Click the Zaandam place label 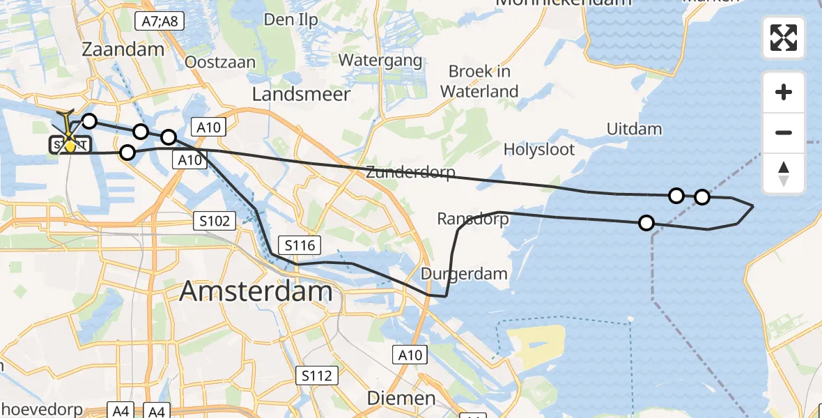tap(123, 49)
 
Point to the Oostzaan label tap(220, 63)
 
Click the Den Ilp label tap(290, 20)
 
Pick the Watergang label tap(380, 61)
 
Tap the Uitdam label tap(634, 129)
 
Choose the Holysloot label tap(539, 149)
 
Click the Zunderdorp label tap(410, 173)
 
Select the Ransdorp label tap(472, 219)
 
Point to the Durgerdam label tap(464, 274)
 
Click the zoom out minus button tap(784, 132)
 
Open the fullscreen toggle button tap(784, 38)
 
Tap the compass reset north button tap(784, 173)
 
